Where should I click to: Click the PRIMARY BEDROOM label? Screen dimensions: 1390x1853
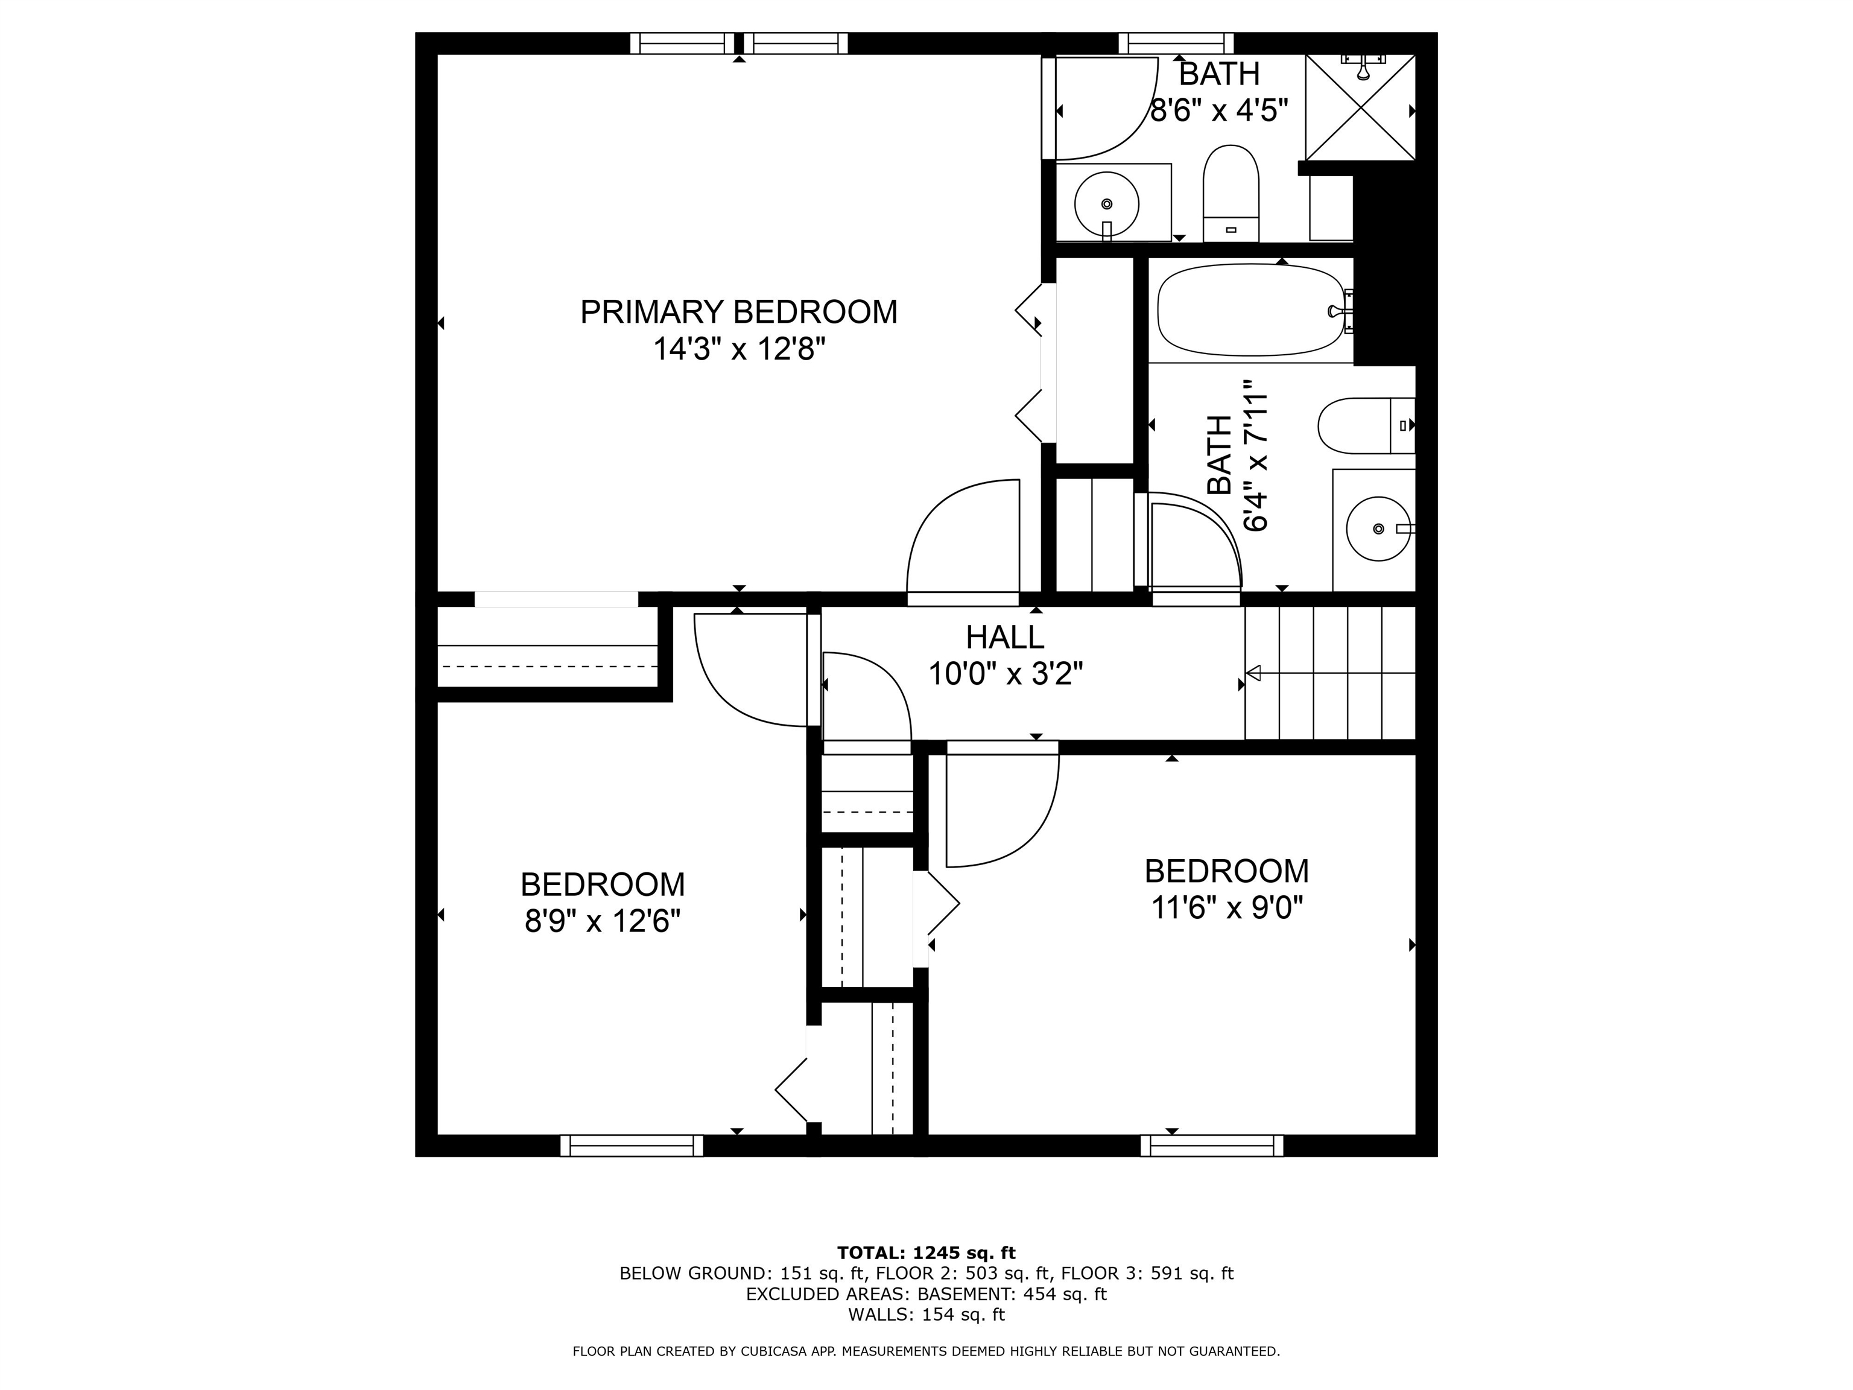(738, 312)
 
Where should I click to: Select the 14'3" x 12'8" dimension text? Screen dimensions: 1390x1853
(738, 349)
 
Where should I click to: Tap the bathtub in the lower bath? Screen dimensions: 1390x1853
(1250, 310)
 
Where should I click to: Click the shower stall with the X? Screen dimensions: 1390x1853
(1360, 107)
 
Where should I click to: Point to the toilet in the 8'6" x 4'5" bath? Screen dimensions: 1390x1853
(1231, 192)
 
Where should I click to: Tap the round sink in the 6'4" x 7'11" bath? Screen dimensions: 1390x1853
(1378, 528)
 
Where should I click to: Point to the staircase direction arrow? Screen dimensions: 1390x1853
(1254, 673)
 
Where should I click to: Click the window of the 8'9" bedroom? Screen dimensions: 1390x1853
(632, 1145)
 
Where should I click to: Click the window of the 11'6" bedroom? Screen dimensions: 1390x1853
(1211, 1145)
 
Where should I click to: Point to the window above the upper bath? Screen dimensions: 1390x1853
(1176, 43)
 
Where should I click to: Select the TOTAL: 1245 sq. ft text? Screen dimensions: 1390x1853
(926, 1252)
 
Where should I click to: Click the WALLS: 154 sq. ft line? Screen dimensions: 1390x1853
(926, 1315)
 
